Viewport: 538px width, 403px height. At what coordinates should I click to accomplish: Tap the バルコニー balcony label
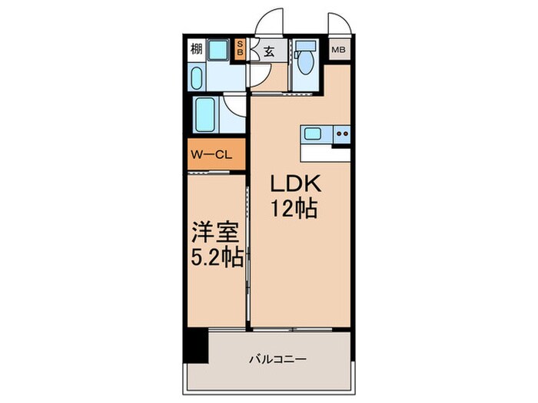(277, 358)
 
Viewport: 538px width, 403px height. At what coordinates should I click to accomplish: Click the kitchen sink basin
(313, 134)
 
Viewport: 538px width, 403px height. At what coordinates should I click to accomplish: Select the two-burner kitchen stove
(341, 134)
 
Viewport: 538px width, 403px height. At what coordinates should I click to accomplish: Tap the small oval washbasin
(196, 78)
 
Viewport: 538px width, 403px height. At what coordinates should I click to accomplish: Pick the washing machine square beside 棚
(219, 51)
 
